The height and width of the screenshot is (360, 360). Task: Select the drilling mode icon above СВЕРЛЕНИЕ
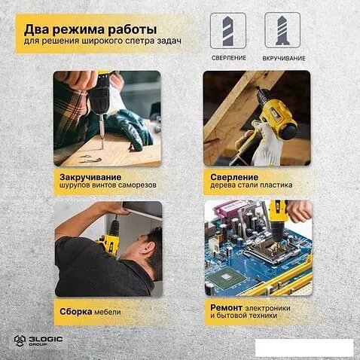(x=228, y=31)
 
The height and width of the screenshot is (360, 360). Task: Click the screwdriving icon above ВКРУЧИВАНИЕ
(x=282, y=30)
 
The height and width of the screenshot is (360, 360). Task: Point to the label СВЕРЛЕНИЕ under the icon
(x=229, y=58)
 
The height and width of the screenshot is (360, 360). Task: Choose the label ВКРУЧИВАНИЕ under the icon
(x=284, y=59)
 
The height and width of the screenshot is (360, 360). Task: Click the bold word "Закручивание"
(x=90, y=177)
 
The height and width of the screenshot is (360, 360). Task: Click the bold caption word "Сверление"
(x=234, y=177)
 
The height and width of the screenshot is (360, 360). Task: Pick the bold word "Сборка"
(x=76, y=312)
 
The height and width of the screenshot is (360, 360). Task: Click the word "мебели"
(x=108, y=313)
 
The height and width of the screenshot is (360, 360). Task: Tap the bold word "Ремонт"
(x=226, y=307)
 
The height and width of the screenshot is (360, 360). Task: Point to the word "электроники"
(x=267, y=308)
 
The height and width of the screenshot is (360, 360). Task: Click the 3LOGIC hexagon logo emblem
(x=20, y=340)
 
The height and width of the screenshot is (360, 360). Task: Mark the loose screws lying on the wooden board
(x=91, y=158)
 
